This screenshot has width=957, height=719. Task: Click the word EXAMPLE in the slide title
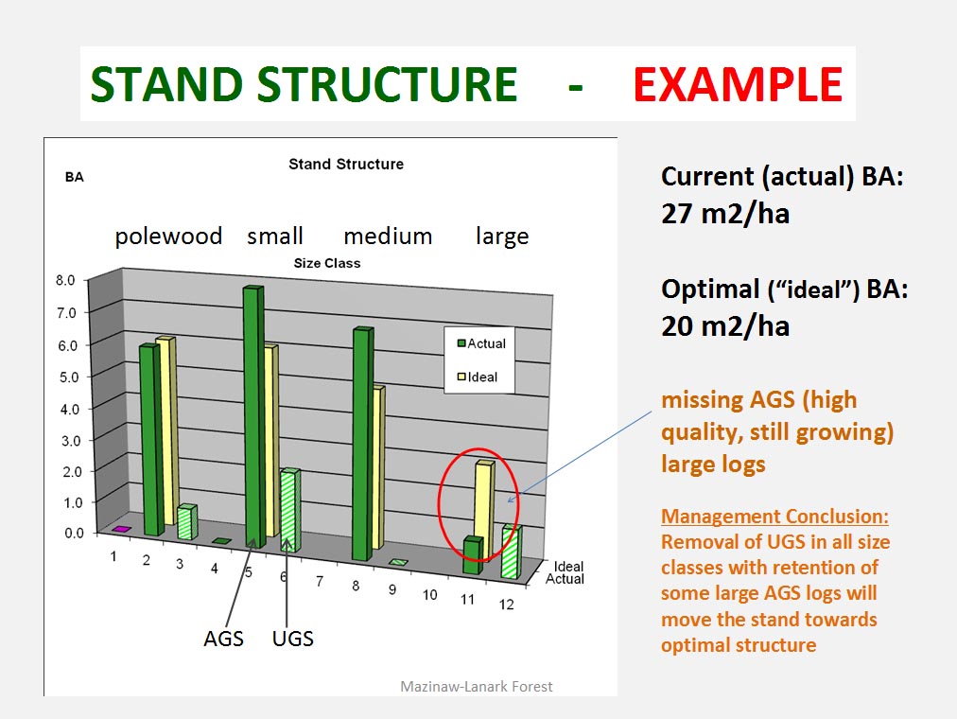point(738,85)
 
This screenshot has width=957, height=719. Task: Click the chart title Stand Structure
point(345,164)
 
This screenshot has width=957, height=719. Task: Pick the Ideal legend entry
point(481,377)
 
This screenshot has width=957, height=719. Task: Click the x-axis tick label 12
point(508,605)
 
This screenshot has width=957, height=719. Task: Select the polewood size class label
point(168,236)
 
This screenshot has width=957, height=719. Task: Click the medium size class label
point(387,236)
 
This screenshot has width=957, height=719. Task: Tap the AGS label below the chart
point(223,639)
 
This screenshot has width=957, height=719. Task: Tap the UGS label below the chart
point(293,639)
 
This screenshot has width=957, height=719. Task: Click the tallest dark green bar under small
point(252,416)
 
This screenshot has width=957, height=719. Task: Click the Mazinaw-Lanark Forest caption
point(477,687)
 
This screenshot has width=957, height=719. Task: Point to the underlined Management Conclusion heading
point(774,517)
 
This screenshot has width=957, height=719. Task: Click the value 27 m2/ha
point(725,213)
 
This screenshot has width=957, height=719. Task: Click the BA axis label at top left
point(75,177)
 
